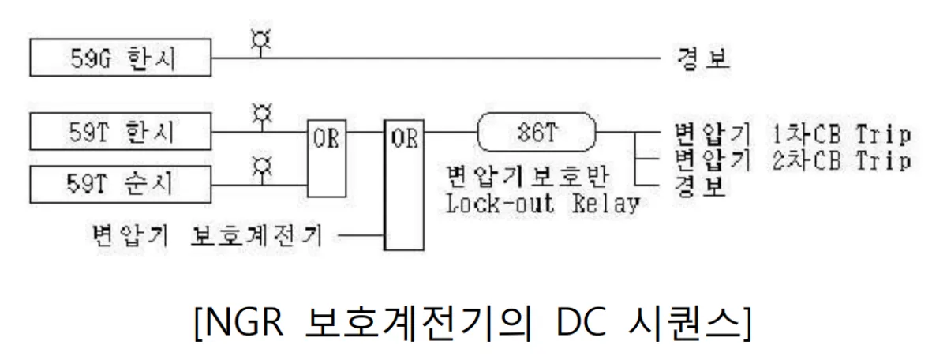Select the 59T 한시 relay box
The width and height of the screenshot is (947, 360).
120,133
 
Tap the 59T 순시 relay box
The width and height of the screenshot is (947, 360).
120,184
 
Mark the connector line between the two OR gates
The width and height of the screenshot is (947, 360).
365,133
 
